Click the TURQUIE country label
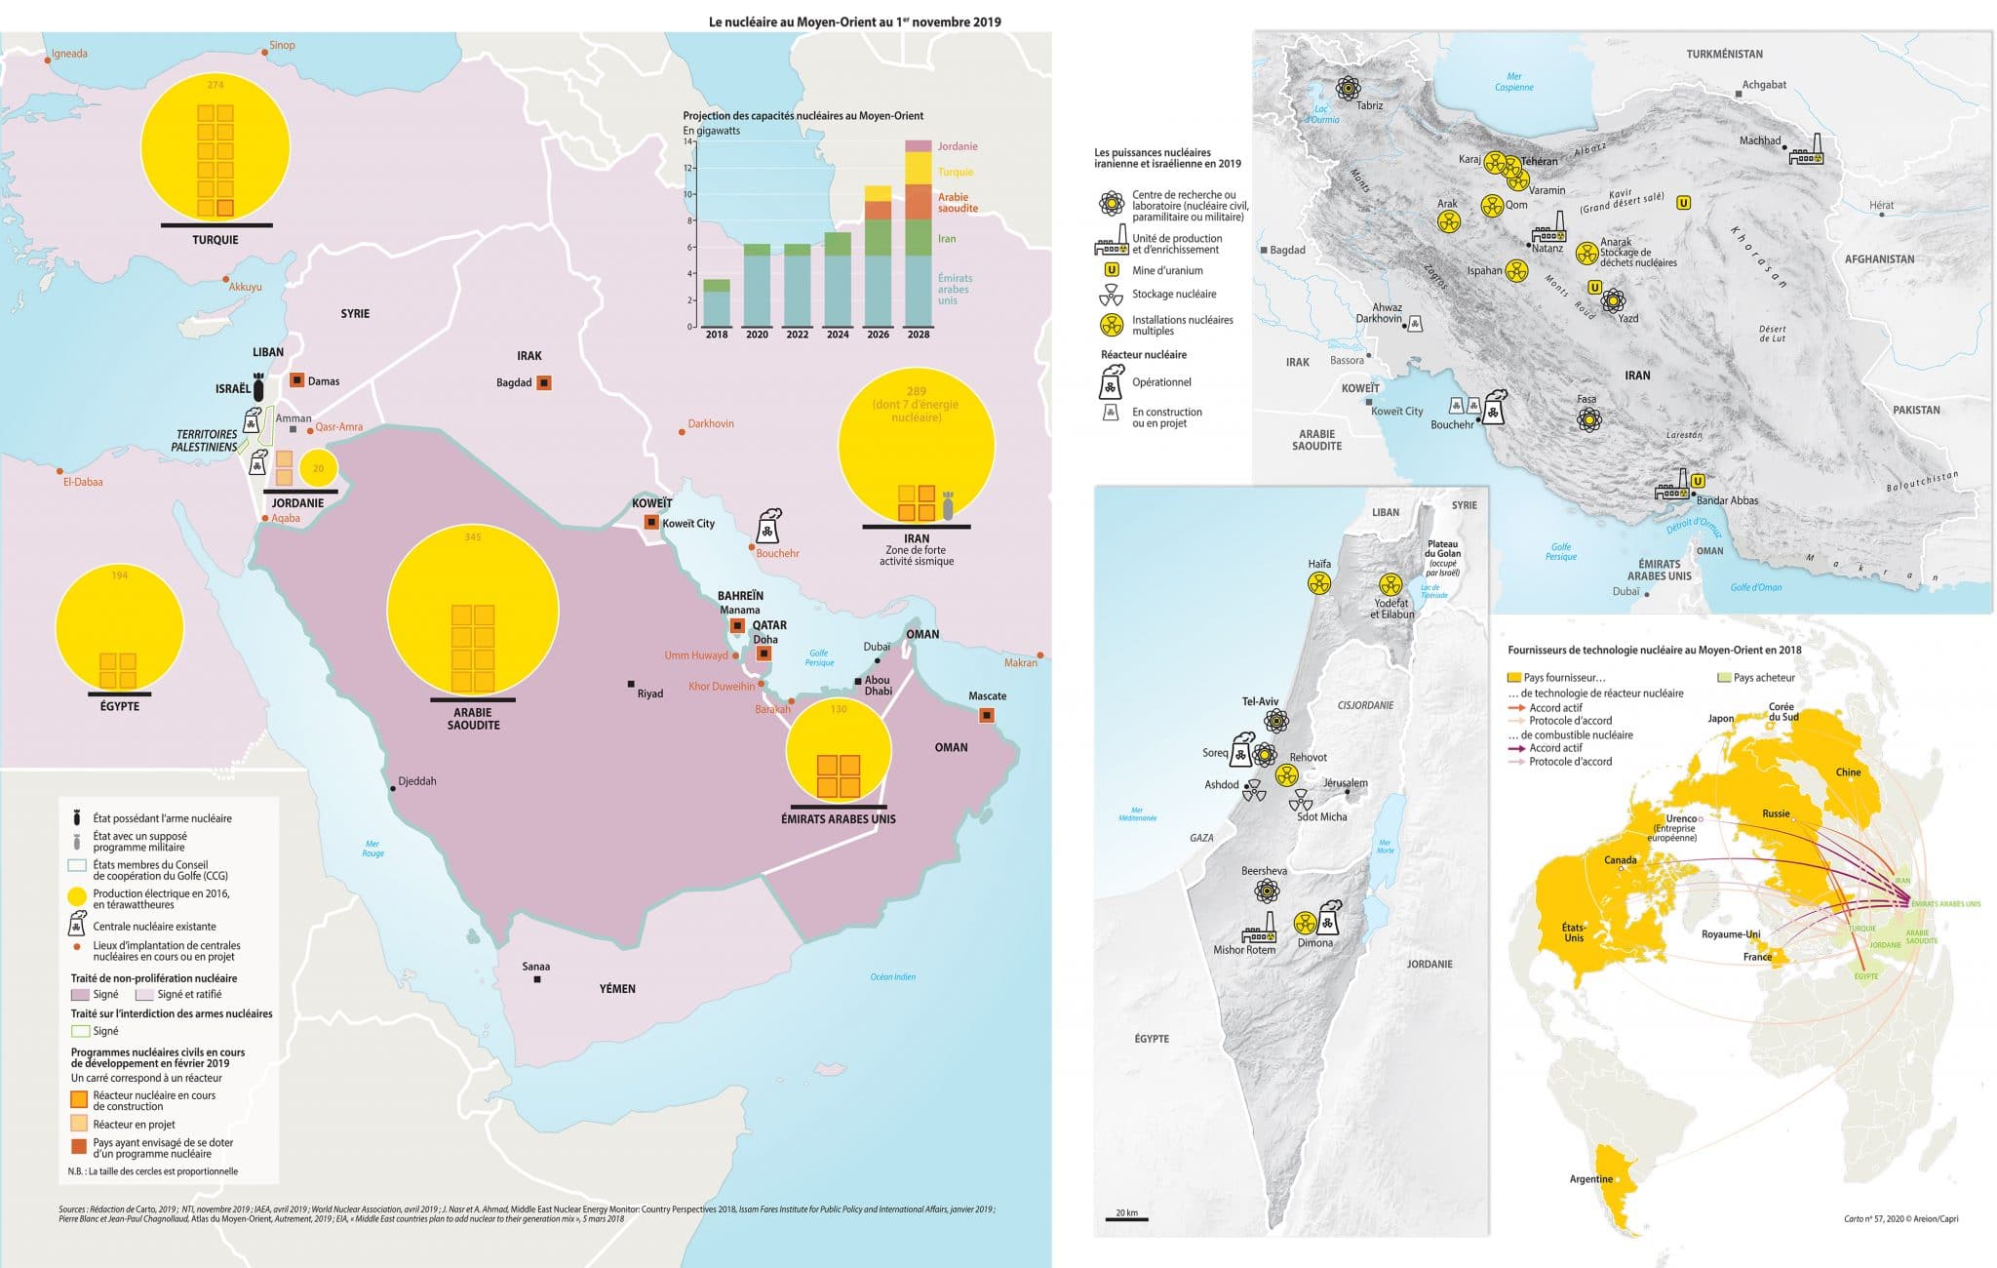click(x=215, y=240)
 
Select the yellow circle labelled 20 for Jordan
click(x=318, y=468)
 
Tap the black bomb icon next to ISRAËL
click(x=258, y=387)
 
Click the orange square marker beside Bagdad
click(x=544, y=383)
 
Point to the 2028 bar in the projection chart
click(x=918, y=234)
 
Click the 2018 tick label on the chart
click(x=716, y=335)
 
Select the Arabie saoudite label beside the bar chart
click(x=953, y=203)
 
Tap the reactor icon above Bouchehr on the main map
click(x=769, y=527)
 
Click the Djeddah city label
click(x=417, y=781)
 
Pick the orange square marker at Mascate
click(x=987, y=716)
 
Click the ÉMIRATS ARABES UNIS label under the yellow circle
click(x=838, y=819)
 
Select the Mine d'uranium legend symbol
click(x=1111, y=270)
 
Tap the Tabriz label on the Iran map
click(x=1369, y=105)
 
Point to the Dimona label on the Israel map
click(x=1315, y=943)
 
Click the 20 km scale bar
click(x=1126, y=1218)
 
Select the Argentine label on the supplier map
click(x=1590, y=1179)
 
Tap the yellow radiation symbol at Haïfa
click(x=1319, y=583)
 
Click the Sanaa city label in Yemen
click(x=536, y=967)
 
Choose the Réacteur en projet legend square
click(x=79, y=1125)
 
